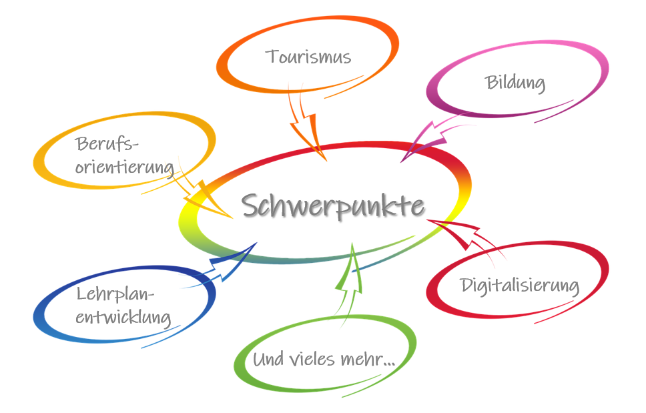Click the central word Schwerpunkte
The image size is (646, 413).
pos(332,205)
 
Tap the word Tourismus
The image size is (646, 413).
pos(308,57)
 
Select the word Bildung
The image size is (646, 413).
pos(515,83)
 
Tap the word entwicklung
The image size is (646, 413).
pos(123,318)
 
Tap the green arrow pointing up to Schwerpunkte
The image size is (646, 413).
pos(348,280)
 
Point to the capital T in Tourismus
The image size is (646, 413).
pos(272,56)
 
